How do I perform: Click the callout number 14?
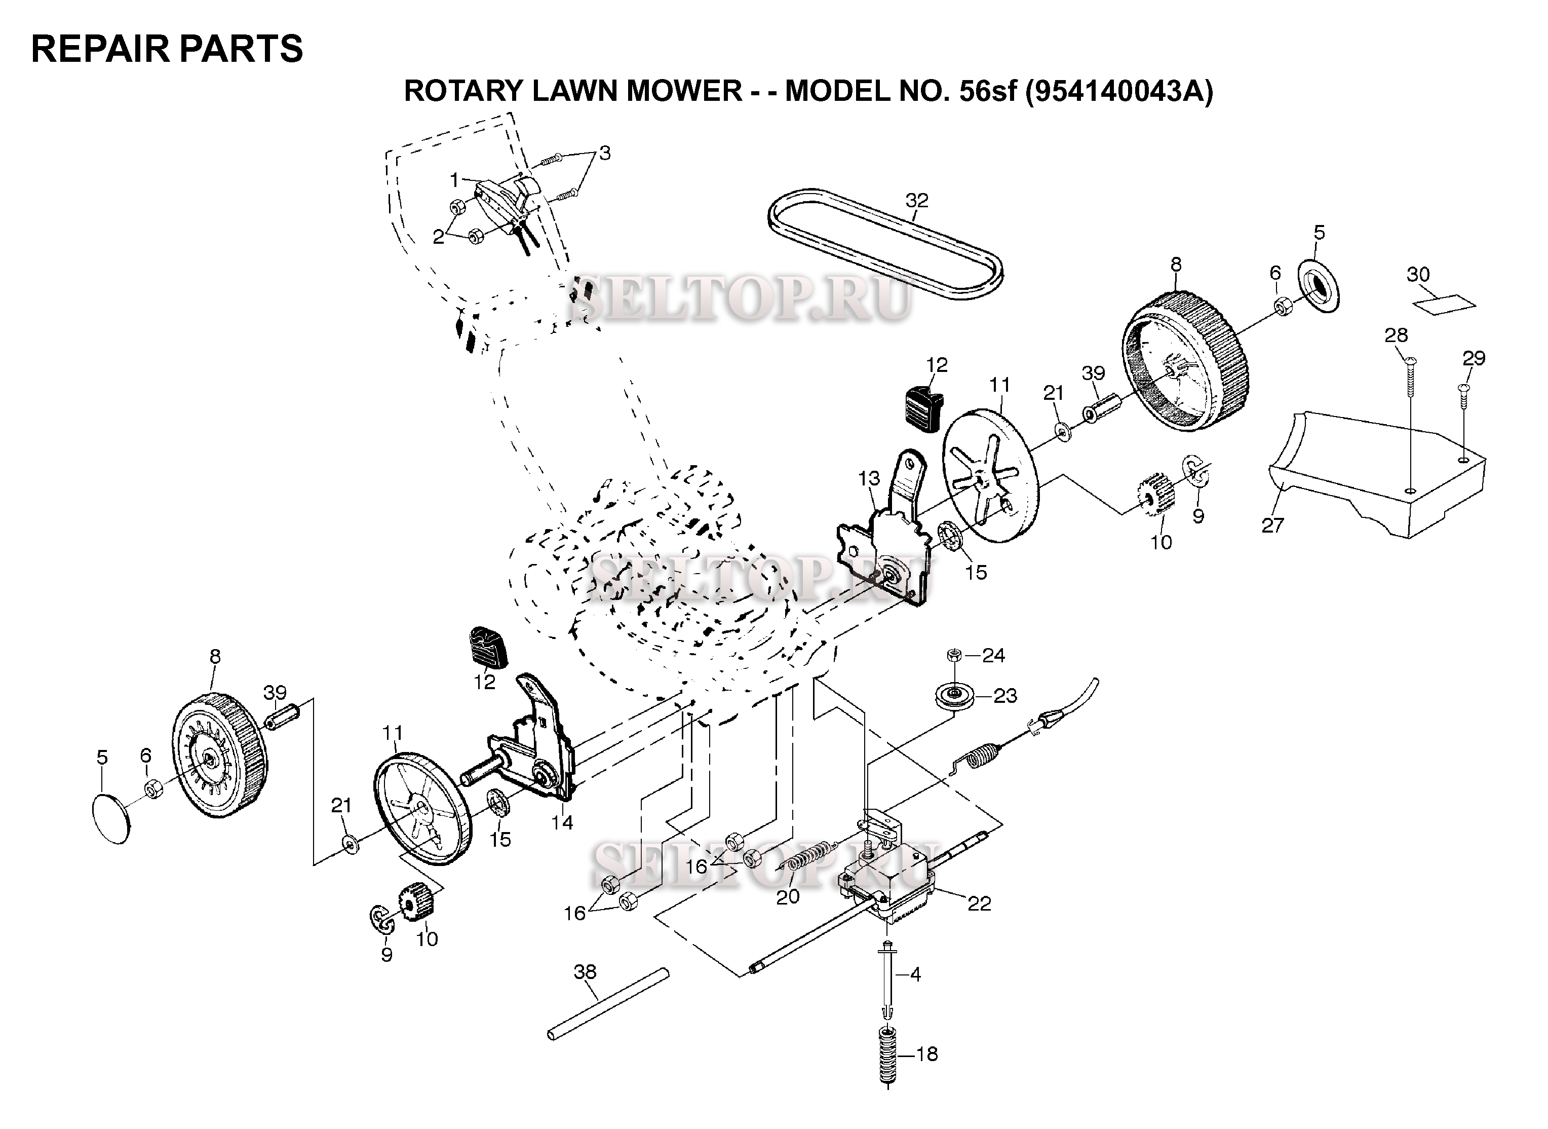click(x=562, y=823)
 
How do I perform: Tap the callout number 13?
click(x=869, y=478)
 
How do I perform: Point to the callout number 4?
click(x=915, y=974)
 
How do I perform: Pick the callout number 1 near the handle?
click(x=455, y=180)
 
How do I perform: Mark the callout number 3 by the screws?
click(x=605, y=153)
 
